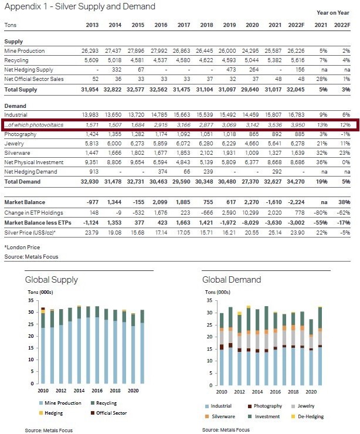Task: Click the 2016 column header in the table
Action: pyautogui.click(x=161, y=25)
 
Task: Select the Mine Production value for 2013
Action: pyautogui.click(x=90, y=51)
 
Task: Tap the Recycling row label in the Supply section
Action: pyautogui.click(x=16, y=60)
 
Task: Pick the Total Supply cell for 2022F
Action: pyautogui.click(x=296, y=90)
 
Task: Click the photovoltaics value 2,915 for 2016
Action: pyautogui.click(x=161, y=125)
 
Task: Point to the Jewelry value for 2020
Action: pyautogui.click(x=252, y=144)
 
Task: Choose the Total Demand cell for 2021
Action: pyautogui.click(x=273, y=182)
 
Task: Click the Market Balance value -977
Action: pyautogui.click(x=93, y=202)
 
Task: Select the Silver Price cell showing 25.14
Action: pyautogui.click(x=275, y=233)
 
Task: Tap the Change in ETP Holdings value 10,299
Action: pyautogui.click(x=251, y=213)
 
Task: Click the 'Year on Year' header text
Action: pyautogui.click(x=333, y=13)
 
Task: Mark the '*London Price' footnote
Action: pyautogui.click(x=22, y=247)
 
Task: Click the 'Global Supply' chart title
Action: pyautogui.click(x=52, y=280)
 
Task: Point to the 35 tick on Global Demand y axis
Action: pyautogui.click(x=209, y=301)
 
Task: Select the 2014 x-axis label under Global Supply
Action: pyautogui.click(x=79, y=391)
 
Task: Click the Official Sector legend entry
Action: pyautogui.click(x=108, y=413)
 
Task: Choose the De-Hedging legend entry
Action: pyautogui.click(x=307, y=416)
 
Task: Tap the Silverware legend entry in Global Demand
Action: pyautogui.click(x=220, y=416)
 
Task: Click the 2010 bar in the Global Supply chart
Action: pyautogui.click(x=43, y=345)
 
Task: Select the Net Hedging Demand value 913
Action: pyautogui.click(x=94, y=172)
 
